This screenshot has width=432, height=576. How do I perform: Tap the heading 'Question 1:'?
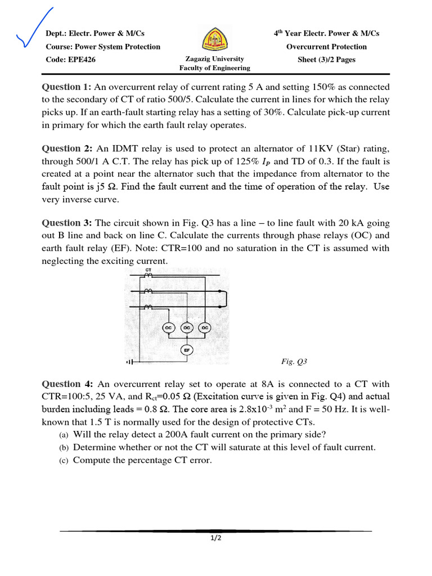66,87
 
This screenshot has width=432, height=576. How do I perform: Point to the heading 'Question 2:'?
67,148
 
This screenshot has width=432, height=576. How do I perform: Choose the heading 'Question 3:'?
67,223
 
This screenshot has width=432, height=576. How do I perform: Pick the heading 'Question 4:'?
67,384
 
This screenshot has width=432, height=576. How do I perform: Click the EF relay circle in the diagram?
187,350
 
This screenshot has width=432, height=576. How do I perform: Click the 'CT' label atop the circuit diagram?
148,271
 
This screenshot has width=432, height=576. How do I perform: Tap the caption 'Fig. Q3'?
294,362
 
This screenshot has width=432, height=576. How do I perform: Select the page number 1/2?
216,538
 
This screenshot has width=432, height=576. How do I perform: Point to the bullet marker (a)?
64,435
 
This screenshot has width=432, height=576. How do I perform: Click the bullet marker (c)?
64,461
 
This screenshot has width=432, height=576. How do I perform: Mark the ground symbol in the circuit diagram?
130,362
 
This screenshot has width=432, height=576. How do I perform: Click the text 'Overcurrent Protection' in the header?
326,47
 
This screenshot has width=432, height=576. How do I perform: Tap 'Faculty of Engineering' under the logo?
214,68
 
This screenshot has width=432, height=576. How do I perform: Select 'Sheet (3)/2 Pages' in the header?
326,60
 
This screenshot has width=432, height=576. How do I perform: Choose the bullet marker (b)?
64,448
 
